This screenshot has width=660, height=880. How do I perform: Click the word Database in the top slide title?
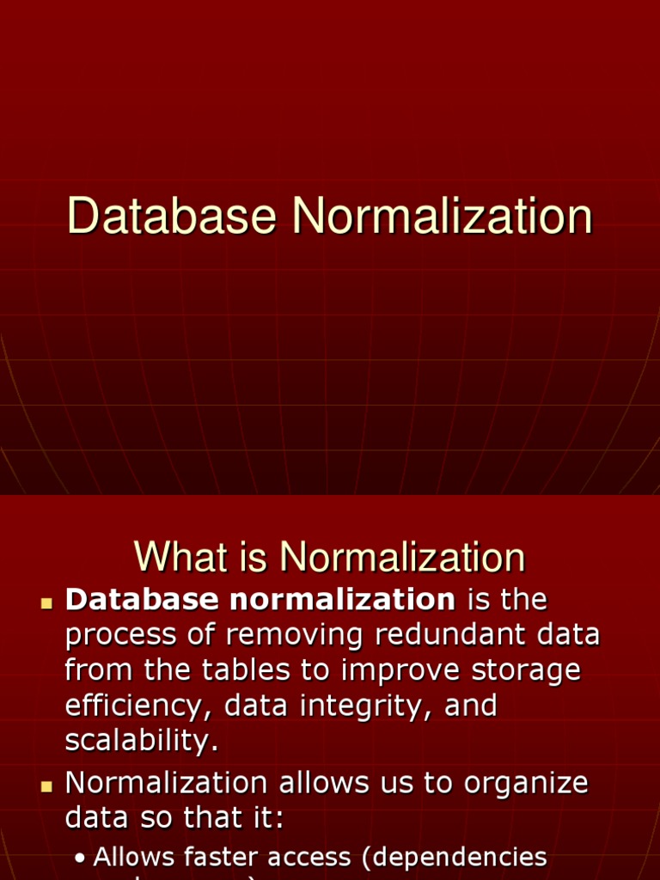(172, 217)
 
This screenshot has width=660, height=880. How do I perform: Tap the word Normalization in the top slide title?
(442, 217)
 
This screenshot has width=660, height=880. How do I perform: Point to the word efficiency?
(137, 706)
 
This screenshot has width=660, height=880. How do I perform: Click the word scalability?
(142, 742)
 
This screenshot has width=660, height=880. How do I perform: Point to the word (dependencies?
(455, 857)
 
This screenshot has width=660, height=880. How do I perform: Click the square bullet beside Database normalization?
(46, 602)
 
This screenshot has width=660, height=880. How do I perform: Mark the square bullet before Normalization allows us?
(46, 785)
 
